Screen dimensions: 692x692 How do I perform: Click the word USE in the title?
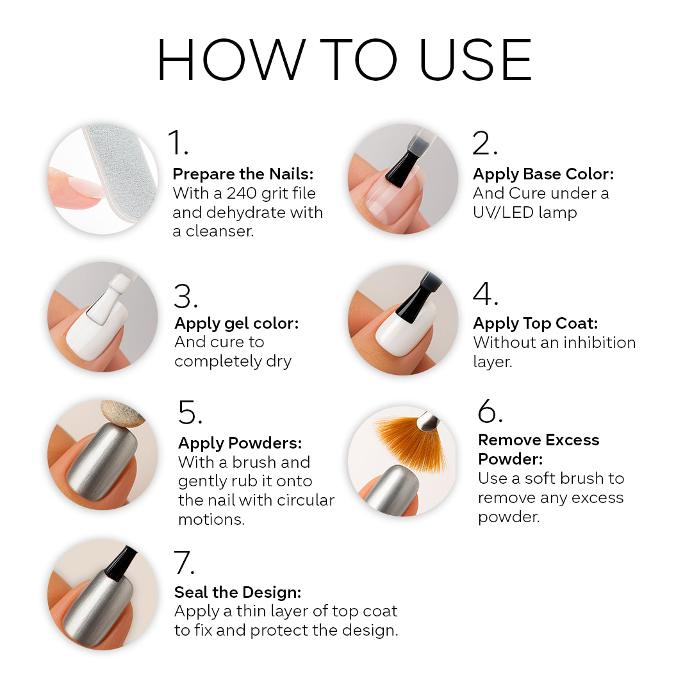click(x=475, y=60)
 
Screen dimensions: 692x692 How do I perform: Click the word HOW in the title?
click(x=231, y=60)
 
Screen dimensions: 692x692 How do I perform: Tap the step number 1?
click(x=178, y=142)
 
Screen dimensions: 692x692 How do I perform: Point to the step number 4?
click(x=486, y=293)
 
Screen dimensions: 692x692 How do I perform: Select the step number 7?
click(x=184, y=563)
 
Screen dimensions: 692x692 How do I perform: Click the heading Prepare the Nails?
click(x=243, y=174)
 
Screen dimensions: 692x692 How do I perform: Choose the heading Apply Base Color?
click(x=543, y=174)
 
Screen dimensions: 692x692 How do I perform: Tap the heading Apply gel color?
click(x=236, y=324)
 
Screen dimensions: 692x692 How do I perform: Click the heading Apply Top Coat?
click(x=535, y=324)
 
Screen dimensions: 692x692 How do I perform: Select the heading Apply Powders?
click(x=240, y=443)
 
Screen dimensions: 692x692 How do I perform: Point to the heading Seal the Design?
click(x=238, y=592)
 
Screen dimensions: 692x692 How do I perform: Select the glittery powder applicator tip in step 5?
click(x=122, y=413)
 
